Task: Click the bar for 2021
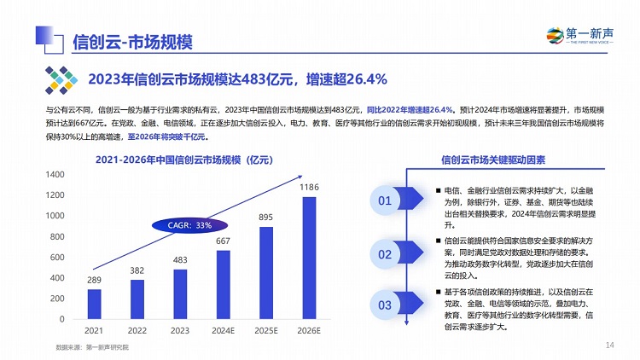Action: [x=94, y=304]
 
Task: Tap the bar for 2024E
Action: [x=223, y=284]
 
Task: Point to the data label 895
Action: [x=265, y=218]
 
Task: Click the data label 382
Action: [x=137, y=271]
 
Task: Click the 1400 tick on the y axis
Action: [x=55, y=174]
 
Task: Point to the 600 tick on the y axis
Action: [x=57, y=257]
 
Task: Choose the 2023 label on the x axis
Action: [x=179, y=330]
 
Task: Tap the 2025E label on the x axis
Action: [x=265, y=330]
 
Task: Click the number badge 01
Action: [x=385, y=201]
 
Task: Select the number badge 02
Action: [x=385, y=253]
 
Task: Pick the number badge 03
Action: [x=385, y=305]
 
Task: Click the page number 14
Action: [x=609, y=345]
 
